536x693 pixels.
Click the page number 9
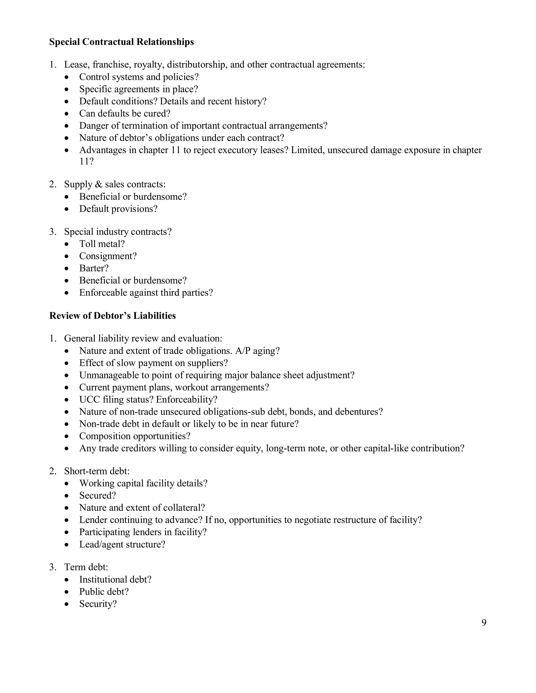[x=484, y=623]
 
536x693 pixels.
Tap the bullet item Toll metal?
[x=102, y=244]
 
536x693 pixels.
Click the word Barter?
[x=94, y=269]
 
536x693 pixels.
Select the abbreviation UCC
[x=90, y=400]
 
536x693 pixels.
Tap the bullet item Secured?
[x=97, y=496]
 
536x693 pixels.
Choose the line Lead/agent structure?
[x=122, y=544]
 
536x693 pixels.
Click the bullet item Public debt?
[x=104, y=592]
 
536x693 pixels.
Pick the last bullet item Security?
[x=98, y=604]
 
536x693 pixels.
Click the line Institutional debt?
[x=115, y=580]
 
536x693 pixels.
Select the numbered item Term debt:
[x=86, y=567]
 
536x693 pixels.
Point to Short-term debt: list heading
[x=97, y=471]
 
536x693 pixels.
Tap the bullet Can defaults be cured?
[x=125, y=113]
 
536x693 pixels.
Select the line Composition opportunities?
[x=135, y=436]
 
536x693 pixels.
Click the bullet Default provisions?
[x=118, y=209]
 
